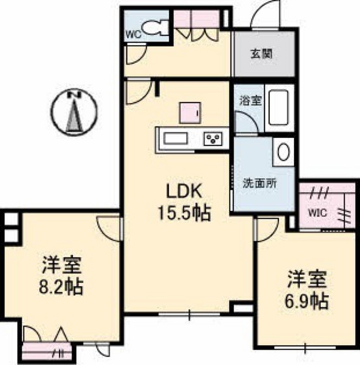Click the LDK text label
click(x=186, y=191)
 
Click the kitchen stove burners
click(x=214, y=138)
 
